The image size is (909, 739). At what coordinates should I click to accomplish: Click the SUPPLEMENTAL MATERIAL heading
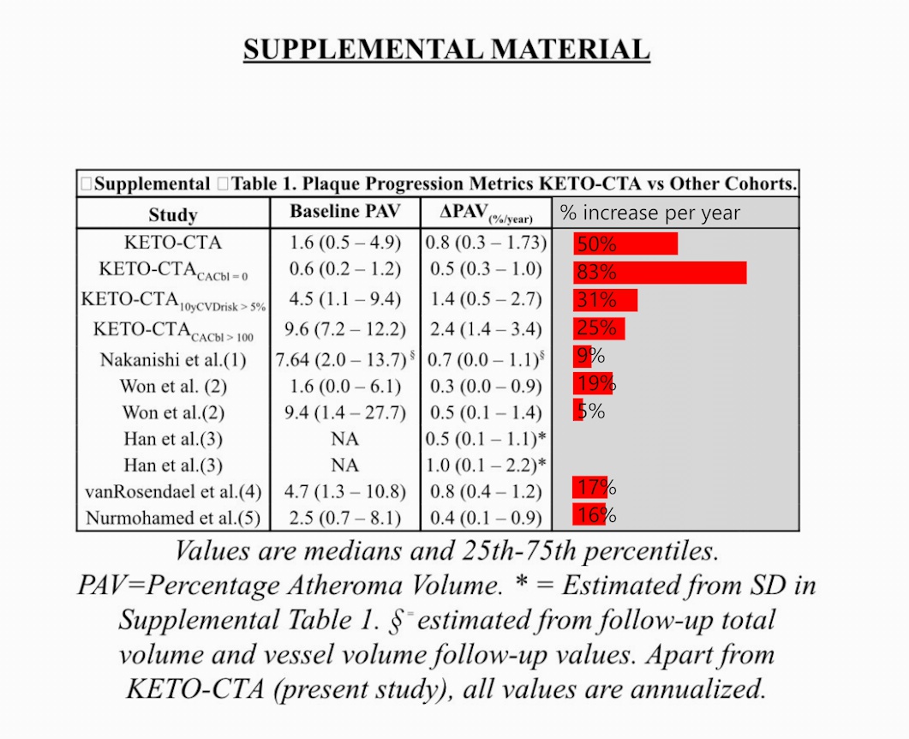click(x=446, y=49)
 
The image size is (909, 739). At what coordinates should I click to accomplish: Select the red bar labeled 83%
click(x=660, y=273)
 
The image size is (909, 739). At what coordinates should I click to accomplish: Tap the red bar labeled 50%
click(x=625, y=244)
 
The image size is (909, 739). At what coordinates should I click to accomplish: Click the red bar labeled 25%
click(x=599, y=328)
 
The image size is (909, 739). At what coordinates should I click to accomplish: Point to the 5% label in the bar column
click(x=590, y=412)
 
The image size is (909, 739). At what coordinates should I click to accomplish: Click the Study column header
click(x=172, y=214)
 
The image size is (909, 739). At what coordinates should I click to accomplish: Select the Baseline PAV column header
click(x=344, y=212)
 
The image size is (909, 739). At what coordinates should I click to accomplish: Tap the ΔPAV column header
click(x=486, y=213)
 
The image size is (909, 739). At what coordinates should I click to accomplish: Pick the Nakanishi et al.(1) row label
click(x=174, y=359)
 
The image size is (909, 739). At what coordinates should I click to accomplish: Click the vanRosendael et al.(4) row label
click(x=173, y=492)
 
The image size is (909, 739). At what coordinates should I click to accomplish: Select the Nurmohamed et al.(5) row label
click(x=173, y=519)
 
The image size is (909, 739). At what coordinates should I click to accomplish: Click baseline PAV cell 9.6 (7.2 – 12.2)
click(x=344, y=329)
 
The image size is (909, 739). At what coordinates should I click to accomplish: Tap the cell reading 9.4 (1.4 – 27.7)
click(x=344, y=412)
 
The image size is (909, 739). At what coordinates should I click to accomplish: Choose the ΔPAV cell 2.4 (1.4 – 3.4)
click(x=484, y=329)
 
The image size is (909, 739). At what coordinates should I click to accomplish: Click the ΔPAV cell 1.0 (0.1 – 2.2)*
click(x=486, y=466)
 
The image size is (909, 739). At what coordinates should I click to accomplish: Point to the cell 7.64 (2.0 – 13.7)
click(x=341, y=359)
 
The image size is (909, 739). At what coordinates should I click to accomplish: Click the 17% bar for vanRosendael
click(x=590, y=489)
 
